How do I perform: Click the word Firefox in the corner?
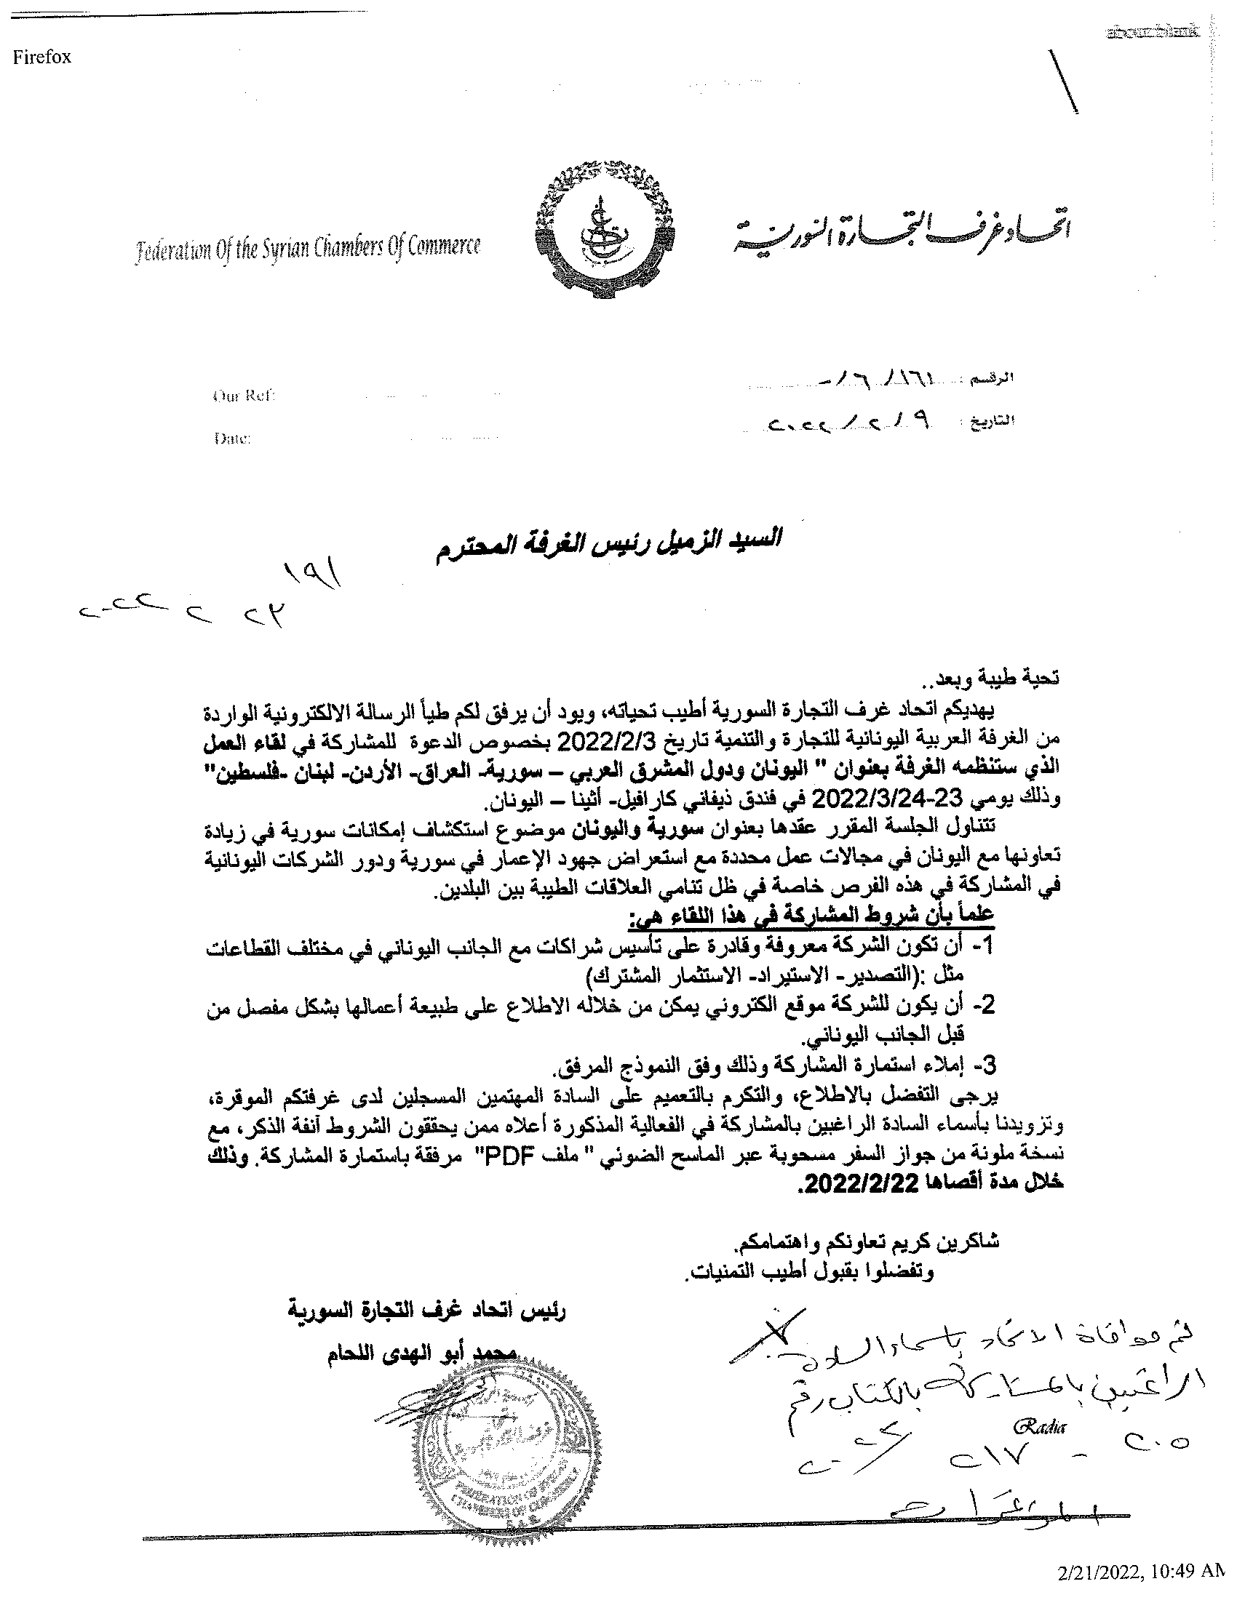41,58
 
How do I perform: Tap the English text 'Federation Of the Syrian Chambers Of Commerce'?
308,249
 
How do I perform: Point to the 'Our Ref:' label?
243,396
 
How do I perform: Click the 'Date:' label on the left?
232,439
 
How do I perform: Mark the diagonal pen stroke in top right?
1064,81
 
